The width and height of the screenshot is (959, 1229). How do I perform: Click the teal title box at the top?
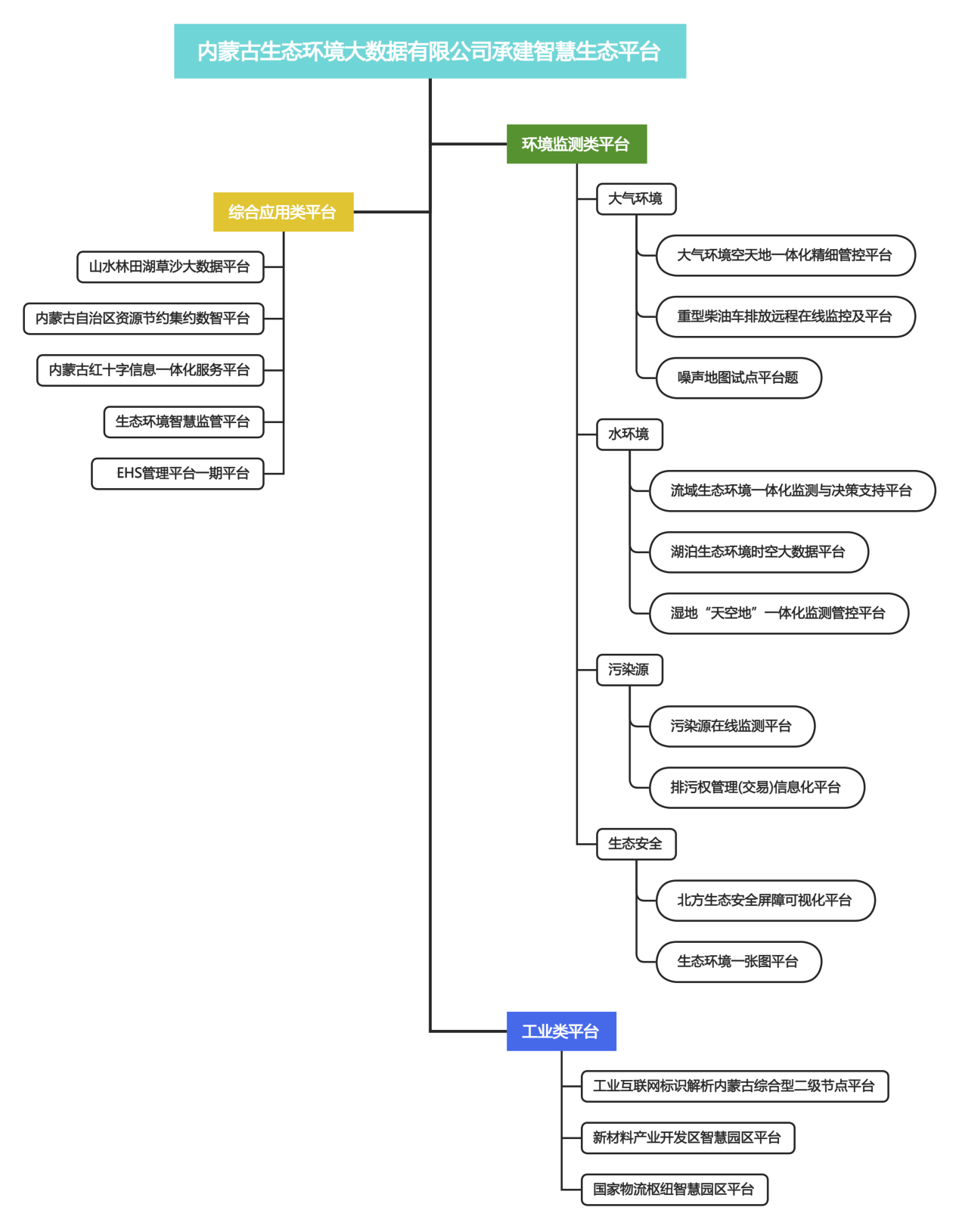pos(430,51)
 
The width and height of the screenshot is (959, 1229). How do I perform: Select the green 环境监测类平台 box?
pos(576,144)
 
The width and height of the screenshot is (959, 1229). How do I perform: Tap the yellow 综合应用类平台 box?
pos(283,212)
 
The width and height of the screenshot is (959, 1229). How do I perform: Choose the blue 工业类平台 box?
pos(561,1031)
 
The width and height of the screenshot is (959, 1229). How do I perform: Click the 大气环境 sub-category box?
pos(636,199)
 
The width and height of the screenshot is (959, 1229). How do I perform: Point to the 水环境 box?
pos(629,434)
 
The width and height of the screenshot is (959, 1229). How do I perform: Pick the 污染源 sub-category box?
pos(629,670)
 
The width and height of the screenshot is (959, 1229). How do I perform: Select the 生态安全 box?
pos(636,844)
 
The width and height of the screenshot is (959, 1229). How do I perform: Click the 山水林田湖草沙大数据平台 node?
pos(170,267)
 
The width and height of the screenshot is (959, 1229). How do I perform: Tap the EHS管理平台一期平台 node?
pos(178,474)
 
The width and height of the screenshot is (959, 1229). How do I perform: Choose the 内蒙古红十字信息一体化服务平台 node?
pos(151,370)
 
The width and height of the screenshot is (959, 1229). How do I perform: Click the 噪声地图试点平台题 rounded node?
pos(738,378)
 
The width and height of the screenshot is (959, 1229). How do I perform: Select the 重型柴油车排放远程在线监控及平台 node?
pos(785,316)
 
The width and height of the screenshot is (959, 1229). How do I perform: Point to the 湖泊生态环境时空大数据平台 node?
pos(759,552)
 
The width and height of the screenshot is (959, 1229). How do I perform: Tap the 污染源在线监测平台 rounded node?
pos(731,727)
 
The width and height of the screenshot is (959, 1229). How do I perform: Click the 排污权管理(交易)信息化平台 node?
pos(756,788)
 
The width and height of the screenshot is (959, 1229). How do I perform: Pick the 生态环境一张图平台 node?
pos(738,962)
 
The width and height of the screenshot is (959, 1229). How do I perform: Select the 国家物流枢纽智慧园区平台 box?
pos(674,1190)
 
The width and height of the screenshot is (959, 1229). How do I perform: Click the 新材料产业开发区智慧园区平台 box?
pos(687,1138)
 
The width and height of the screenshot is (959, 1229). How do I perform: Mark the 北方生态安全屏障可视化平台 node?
pos(765,901)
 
